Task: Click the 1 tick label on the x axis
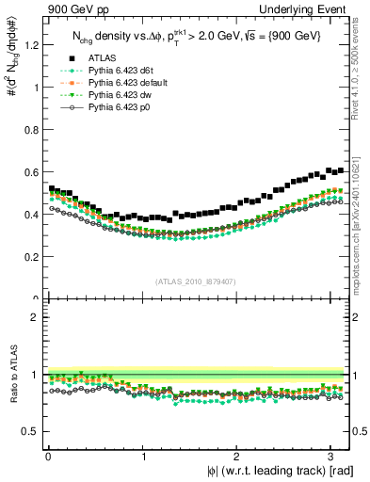[x=142, y=456]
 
